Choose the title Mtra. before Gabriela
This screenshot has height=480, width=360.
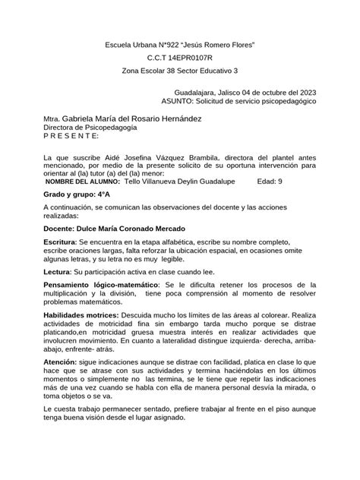[52, 120]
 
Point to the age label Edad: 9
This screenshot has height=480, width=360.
[270, 182]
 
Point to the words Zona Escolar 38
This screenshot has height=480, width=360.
[151, 70]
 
